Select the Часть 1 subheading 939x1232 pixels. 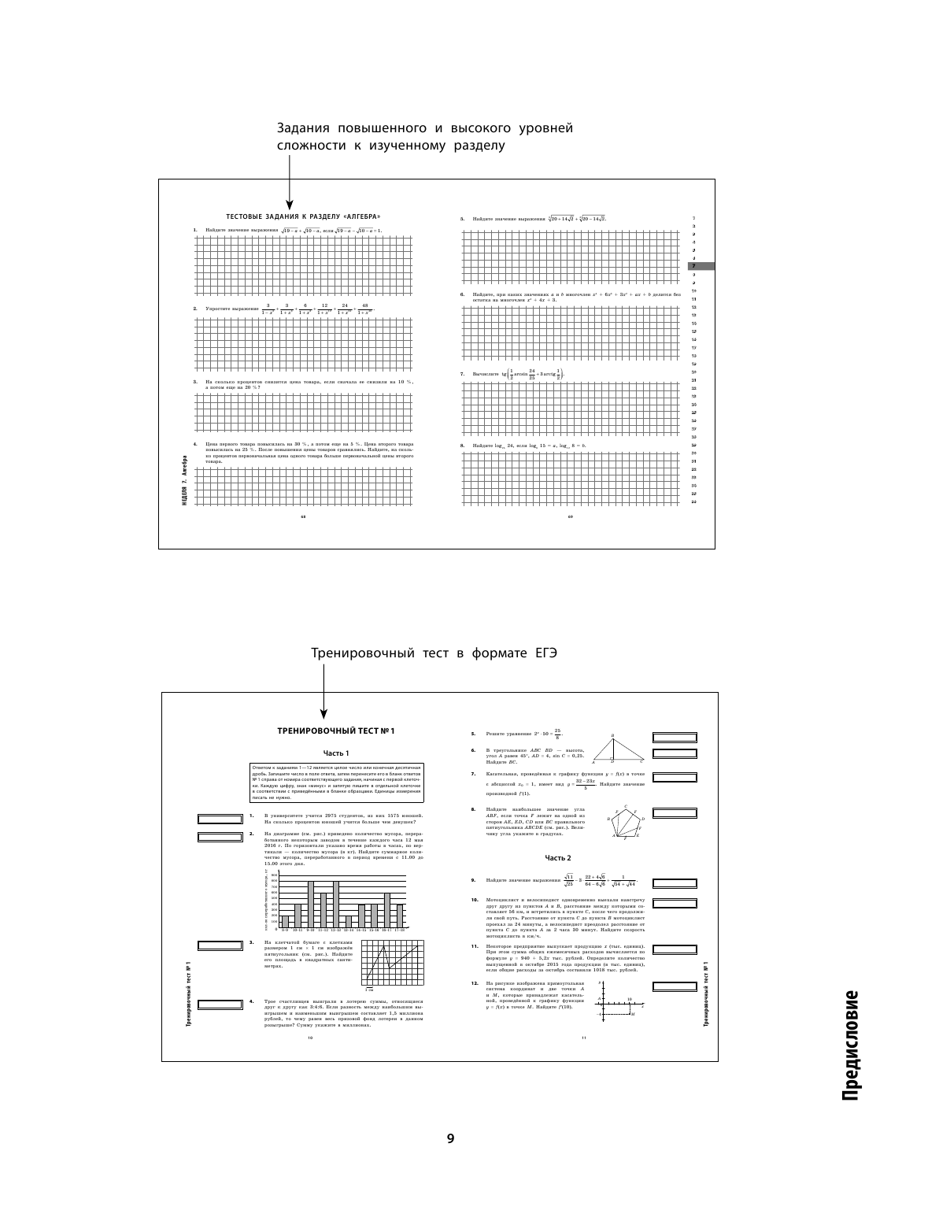tap(336, 753)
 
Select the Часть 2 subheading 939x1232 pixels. tap(559, 857)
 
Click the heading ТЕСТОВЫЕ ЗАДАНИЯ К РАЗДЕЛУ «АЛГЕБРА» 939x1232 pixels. tap(303, 216)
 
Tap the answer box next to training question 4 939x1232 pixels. tap(219, 1004)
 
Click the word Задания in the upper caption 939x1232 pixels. tap(304, 128)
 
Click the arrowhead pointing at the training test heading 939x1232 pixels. tap(324, 713)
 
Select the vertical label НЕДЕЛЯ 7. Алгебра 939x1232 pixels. tap(184, 482)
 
